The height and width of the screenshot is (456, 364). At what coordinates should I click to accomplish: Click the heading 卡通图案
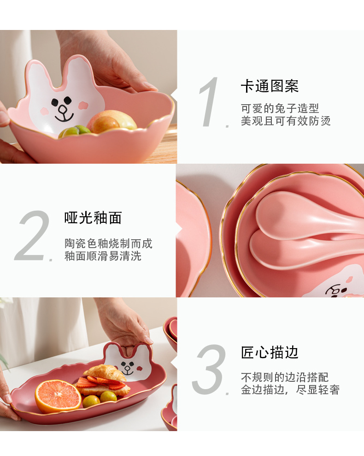click(270, 86)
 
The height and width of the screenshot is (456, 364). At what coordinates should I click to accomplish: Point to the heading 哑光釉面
click(93, 218)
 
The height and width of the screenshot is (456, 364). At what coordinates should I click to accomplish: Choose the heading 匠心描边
click(270, 352)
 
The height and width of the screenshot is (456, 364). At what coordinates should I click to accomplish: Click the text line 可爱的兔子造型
click(280, 108)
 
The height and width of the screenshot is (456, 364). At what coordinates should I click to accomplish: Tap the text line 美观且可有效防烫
click(286, 121)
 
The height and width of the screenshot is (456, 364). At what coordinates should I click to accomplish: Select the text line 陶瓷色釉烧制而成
click(108, 243)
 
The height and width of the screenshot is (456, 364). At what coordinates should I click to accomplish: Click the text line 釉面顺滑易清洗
click(103, 256)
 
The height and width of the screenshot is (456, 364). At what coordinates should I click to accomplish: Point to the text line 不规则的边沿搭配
click(285, 377)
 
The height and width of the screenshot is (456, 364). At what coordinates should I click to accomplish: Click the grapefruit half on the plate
click(58, 396)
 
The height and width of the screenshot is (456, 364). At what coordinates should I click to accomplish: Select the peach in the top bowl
click(112, 120)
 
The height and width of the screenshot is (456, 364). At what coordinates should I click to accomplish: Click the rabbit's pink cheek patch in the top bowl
click(83, 105)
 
